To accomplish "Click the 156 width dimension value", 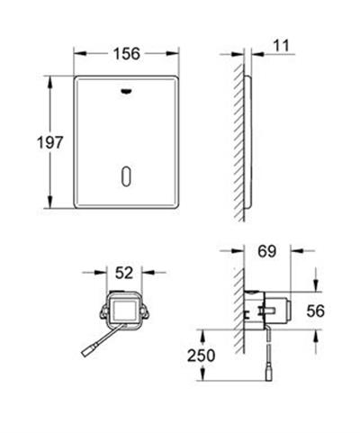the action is [x=127, y=54].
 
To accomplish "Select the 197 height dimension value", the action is [x=50, y=142].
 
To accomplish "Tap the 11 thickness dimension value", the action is [x=282, y=46].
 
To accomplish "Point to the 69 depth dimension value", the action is [x=266, y=251].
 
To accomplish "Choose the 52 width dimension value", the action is [x=124, y=273].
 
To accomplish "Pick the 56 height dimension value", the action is [x=316, y=311].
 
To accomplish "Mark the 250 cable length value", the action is [x=202, y=356].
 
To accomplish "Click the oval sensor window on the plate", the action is [x=126, y=176].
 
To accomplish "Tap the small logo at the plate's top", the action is [x=127, y=92].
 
